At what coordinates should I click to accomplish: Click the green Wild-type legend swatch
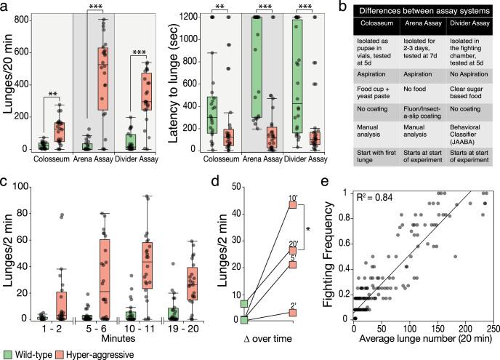pyautogui.click(x=7, y=353)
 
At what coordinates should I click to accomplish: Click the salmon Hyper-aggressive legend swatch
pyautogui.click(x=65, y=353)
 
